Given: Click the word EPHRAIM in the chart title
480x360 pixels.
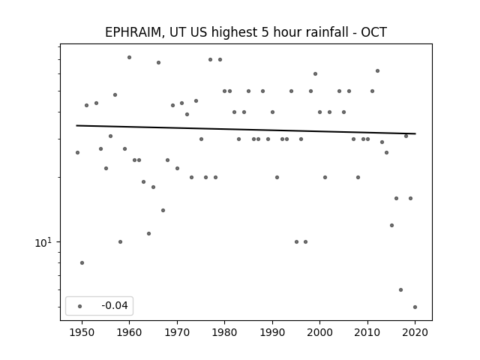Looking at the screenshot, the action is (x=133, y=32).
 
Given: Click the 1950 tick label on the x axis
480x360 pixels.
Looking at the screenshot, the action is (x=82, y=332).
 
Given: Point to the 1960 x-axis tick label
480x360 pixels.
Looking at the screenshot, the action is (x=129, y=332).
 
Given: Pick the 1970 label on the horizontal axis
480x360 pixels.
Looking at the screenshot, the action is (x=177, y=332).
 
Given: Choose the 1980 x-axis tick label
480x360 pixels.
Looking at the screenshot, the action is (x=225, y=332).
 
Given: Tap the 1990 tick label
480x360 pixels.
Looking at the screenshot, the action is (x=272, y=332).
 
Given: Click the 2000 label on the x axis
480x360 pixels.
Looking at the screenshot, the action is (x=320, y=332).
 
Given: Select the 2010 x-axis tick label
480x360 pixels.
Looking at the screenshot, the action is (x=367, y=332).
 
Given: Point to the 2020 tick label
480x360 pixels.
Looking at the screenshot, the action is (x=415, y=332).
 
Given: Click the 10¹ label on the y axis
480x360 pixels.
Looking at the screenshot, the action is (x=43, y=243).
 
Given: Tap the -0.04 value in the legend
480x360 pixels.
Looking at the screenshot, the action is (x=115, y=305).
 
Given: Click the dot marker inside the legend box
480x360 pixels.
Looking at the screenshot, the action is (x=80, y=306).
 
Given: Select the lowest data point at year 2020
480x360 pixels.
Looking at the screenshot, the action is (x=415, y=307).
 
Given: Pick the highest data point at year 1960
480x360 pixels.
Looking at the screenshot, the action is (x=129, y=57).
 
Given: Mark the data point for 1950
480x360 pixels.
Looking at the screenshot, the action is (x=82, y=262).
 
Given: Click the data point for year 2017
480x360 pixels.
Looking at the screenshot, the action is (x=400, y=289).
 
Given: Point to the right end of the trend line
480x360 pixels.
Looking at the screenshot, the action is (x=415, y=133).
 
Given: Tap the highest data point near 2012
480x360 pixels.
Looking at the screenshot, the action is (x=377, y=70).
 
